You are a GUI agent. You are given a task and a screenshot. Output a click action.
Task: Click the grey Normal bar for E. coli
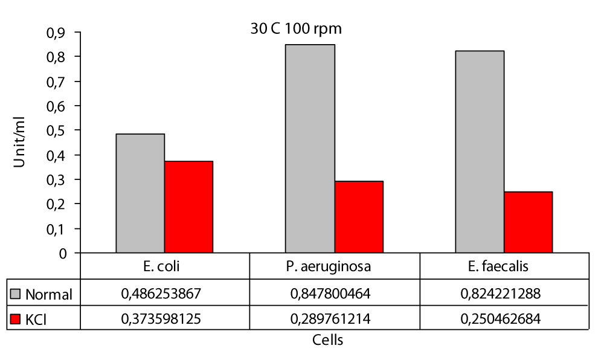point(140,193)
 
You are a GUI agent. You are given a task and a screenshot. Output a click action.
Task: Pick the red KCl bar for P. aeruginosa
point(359,217)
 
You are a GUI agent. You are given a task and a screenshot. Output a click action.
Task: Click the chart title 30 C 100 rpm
point(297,29)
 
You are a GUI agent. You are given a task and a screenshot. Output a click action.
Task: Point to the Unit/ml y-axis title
point(21,143)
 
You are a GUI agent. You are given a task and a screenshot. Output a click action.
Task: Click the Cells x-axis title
point(328,340)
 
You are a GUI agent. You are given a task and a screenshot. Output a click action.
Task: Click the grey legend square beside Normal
point(16,294)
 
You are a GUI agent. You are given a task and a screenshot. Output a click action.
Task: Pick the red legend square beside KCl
point(16,318)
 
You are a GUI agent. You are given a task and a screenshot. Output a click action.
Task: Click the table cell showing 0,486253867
point(165,294)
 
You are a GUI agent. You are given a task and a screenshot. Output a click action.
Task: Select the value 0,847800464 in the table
point(335,294)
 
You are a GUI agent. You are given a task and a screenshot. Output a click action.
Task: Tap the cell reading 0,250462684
point(504,318)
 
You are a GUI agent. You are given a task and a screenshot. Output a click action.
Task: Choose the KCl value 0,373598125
point(165,318)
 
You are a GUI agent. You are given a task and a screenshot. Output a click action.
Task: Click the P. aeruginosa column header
point(335,266)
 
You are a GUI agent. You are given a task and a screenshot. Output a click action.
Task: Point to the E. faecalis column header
point(504,266)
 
